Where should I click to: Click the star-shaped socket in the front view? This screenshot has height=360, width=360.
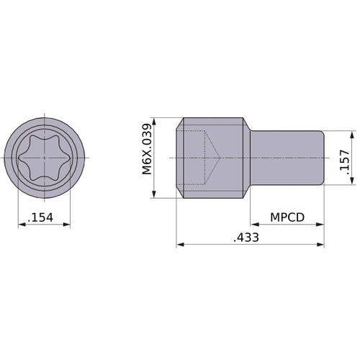tap(45, 157)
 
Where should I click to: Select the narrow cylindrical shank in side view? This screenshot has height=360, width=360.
tap(288, 158)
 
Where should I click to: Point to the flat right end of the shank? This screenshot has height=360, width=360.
tap(323, 158)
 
